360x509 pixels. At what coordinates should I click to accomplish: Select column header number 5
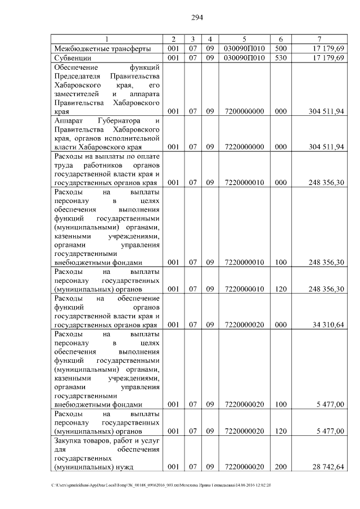(x=244, y=39)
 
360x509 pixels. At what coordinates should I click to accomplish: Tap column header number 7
(x=319, y=39)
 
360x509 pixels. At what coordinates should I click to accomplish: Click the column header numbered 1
(x=107, y=39)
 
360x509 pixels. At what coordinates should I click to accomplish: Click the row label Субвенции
(x=74, y=58)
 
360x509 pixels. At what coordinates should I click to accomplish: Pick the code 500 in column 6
(x=281, y=48)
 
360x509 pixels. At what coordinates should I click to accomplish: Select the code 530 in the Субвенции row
(x=281, y=58)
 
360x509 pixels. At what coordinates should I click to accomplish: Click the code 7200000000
(x=244, y=111)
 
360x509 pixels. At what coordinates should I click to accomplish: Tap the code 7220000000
(x=244, y=147)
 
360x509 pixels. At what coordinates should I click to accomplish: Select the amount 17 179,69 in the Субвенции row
(x=326, y=58)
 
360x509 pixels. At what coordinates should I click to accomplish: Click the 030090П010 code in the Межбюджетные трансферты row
(x=244, y=48)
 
